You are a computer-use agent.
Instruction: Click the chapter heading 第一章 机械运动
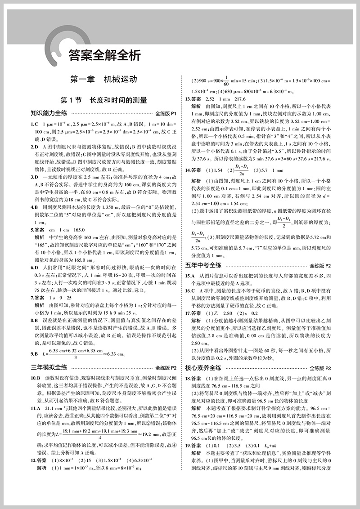click(x=104, y=80)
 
